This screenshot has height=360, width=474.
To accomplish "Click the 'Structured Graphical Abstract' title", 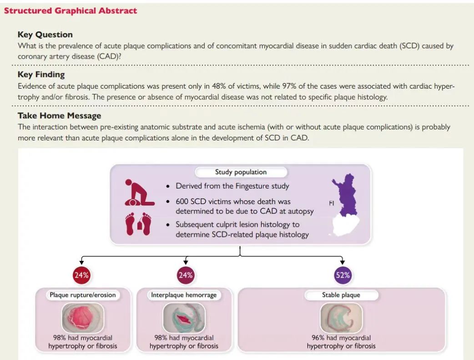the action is tap(71, 11).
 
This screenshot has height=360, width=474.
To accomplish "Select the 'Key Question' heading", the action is tap(45, 35).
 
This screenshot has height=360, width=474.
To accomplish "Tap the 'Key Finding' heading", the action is tap(41, 75).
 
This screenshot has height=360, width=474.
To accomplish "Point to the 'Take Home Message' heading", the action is tap(59, 115).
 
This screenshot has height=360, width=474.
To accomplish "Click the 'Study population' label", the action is tap(241, 172).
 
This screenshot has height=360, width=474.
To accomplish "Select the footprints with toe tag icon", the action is tap(138, 224).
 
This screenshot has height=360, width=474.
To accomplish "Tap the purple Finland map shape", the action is tap(344, 195).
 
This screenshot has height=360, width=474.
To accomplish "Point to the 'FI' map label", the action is tap(332, 203).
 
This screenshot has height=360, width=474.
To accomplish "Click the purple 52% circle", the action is tap(343, 275).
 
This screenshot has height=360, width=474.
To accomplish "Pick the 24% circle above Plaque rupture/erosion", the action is tap(81, 275).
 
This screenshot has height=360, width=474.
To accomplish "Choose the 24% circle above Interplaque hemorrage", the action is tap(186, 275).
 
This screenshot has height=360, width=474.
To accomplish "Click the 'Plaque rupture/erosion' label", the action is tap(83, 295).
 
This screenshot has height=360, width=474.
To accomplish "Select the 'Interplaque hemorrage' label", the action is tap(184, 295).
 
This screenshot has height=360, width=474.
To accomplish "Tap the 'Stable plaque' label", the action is tap(341, 295).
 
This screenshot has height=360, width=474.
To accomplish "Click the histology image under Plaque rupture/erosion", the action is tap(83, 318).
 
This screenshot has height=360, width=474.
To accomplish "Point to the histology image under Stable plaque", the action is tap(341, 318).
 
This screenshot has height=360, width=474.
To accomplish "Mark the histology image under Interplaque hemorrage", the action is tap(184, 318).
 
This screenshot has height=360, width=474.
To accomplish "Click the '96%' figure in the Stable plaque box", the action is tap(318, 338).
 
